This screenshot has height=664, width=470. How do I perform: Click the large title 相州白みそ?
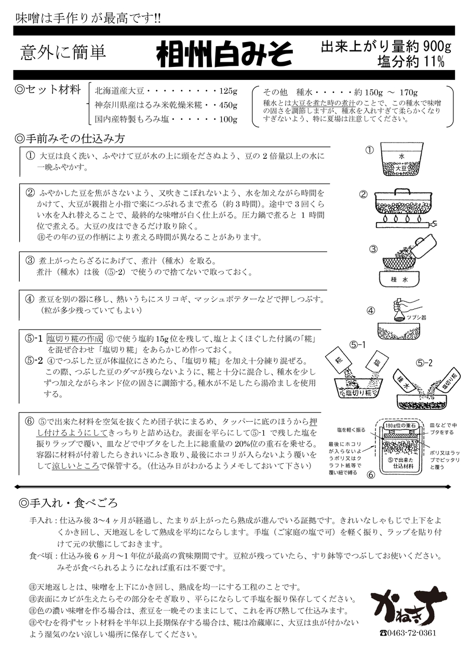(x=224, y=53)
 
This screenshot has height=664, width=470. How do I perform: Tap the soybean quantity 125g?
(x=228, y=91)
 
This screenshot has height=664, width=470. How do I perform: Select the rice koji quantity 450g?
(x=228, y=105)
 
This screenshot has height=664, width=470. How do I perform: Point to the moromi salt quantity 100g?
(x=228, y=120)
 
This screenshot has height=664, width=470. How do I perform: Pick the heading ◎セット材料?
(x=48, y=90)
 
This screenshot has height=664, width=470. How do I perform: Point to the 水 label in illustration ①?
(x=401, y=156)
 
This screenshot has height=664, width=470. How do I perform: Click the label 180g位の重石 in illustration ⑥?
(x=402, y=426)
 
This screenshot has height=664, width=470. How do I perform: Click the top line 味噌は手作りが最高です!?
(x=88, y=18)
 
